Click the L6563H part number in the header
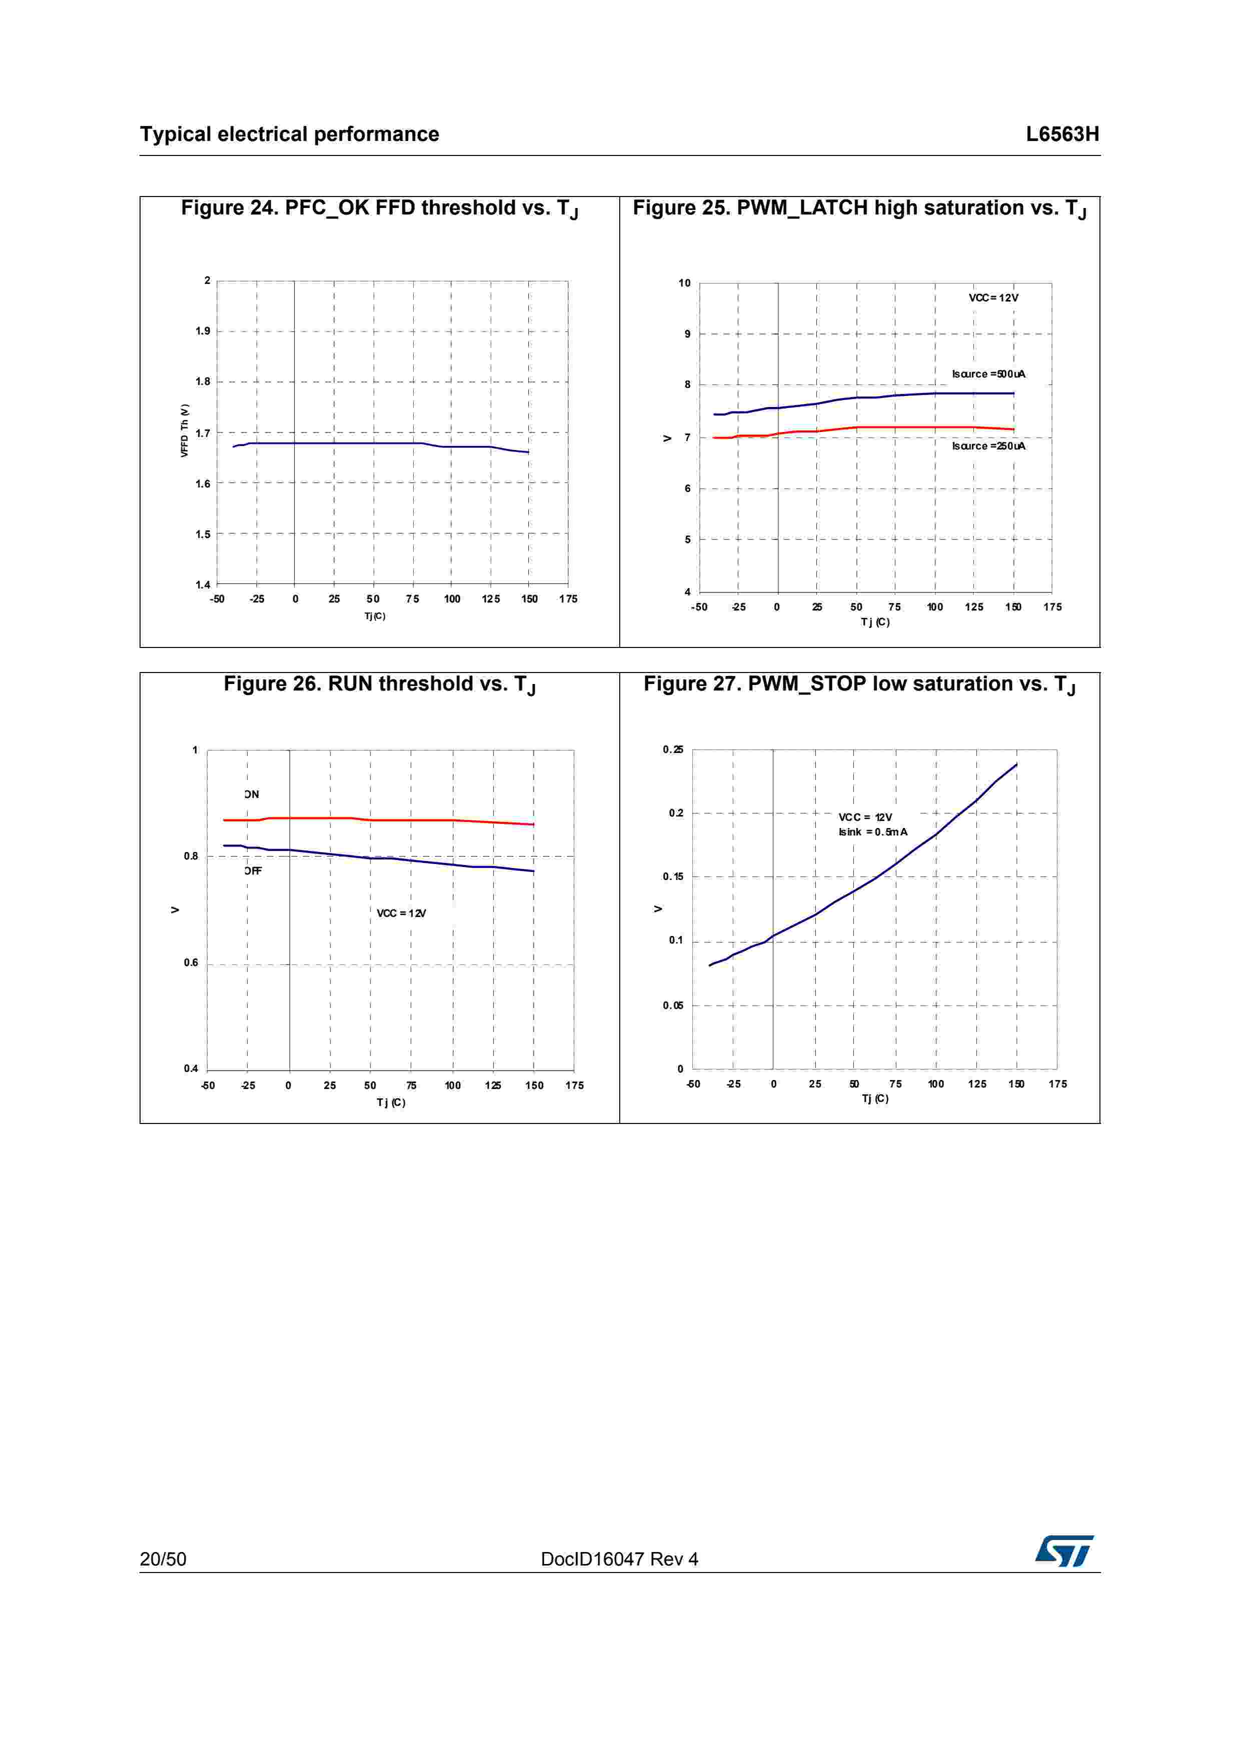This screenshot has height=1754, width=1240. [1062, 134]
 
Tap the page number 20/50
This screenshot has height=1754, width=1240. [163, 1558]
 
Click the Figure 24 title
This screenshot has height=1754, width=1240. [379, 208]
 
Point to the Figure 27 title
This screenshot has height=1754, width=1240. [859, 684]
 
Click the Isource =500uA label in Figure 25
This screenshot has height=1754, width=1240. [988, 373]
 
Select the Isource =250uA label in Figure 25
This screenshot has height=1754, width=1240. [988, 446]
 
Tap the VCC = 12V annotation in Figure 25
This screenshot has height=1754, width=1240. [993, 298]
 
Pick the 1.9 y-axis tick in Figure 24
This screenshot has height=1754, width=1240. [203, 331]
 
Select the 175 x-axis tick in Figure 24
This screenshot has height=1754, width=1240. [568, 599]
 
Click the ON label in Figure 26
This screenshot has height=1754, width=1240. [252, 794]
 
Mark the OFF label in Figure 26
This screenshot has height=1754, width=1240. [253, 871]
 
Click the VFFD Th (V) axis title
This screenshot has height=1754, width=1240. [184, 431]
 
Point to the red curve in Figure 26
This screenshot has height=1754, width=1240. [382, 819]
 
